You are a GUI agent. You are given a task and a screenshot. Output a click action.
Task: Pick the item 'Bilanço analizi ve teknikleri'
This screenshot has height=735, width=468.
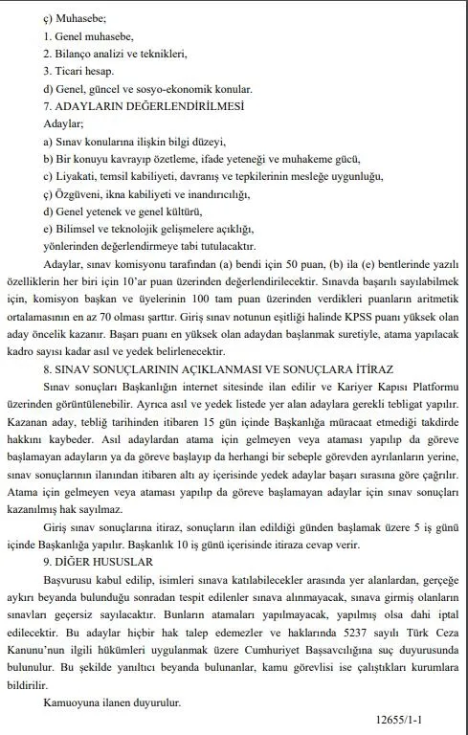(116, 53)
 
